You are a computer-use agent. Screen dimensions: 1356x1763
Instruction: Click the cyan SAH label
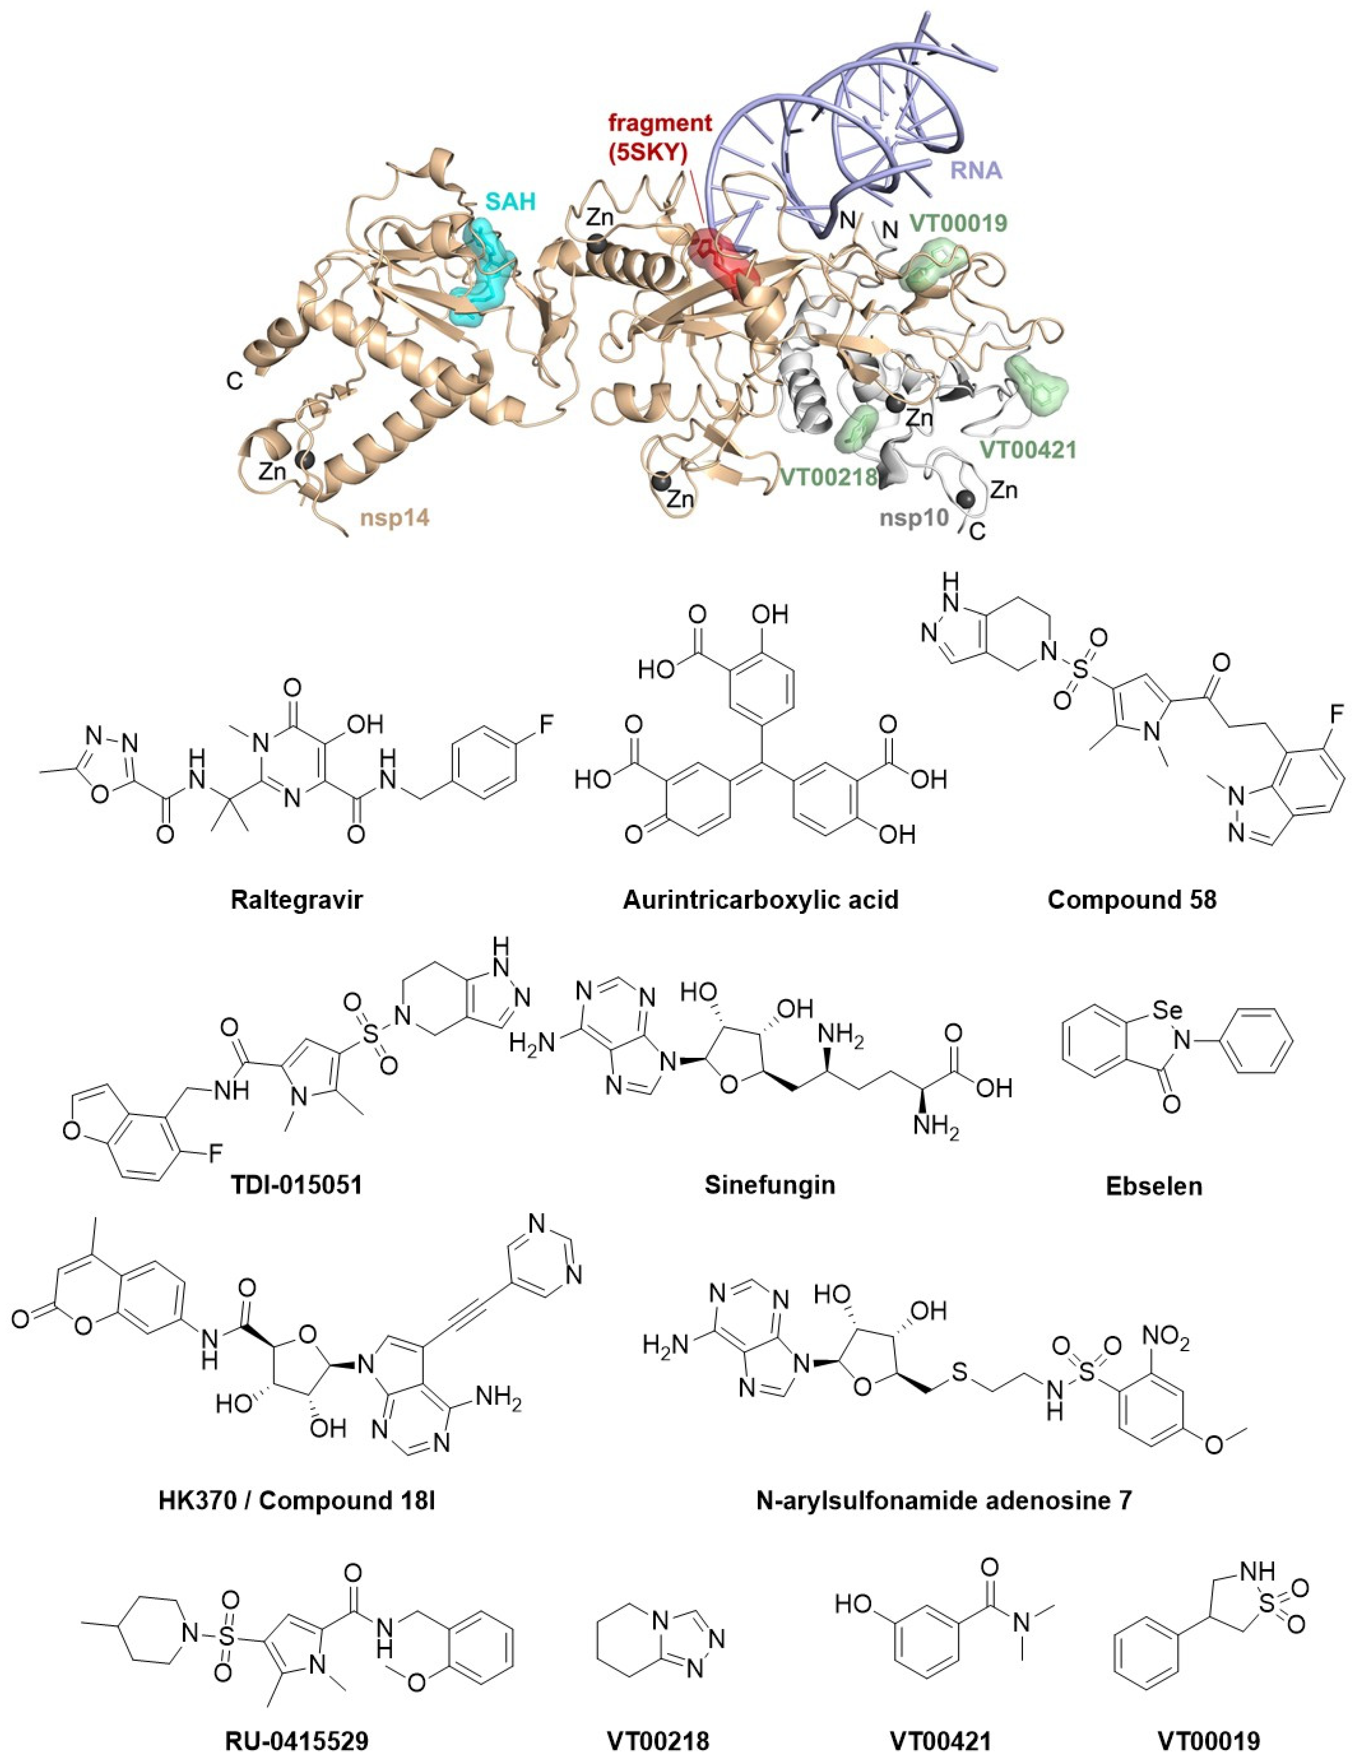click(510, 201)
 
